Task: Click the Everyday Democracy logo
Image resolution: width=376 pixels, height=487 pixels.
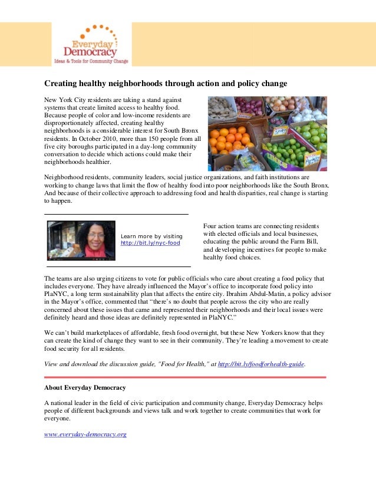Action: pyautogui.click(x=91, y=44)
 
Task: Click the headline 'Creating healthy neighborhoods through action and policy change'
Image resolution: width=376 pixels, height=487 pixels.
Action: pyautogui.click(x=166, y=84)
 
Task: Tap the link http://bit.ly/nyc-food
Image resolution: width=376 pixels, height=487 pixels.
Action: pyautogui.click(x=150, y=243)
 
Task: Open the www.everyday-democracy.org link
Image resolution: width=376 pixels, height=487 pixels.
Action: pyautogui.click(x=85, y=435)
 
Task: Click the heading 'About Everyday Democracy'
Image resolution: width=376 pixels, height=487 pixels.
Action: pyautogui.click(x=85, y=387)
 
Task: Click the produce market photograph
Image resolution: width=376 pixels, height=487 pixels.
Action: pyautogui.click(x=267, y=133)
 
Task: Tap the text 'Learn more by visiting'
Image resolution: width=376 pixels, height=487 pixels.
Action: pyautogui.click(x=151, y=236)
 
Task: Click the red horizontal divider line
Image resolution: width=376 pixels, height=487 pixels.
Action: pyautogui.click(x=184, y=377)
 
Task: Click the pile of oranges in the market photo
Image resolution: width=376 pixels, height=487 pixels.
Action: pyautogui.click(x=227, y=139)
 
